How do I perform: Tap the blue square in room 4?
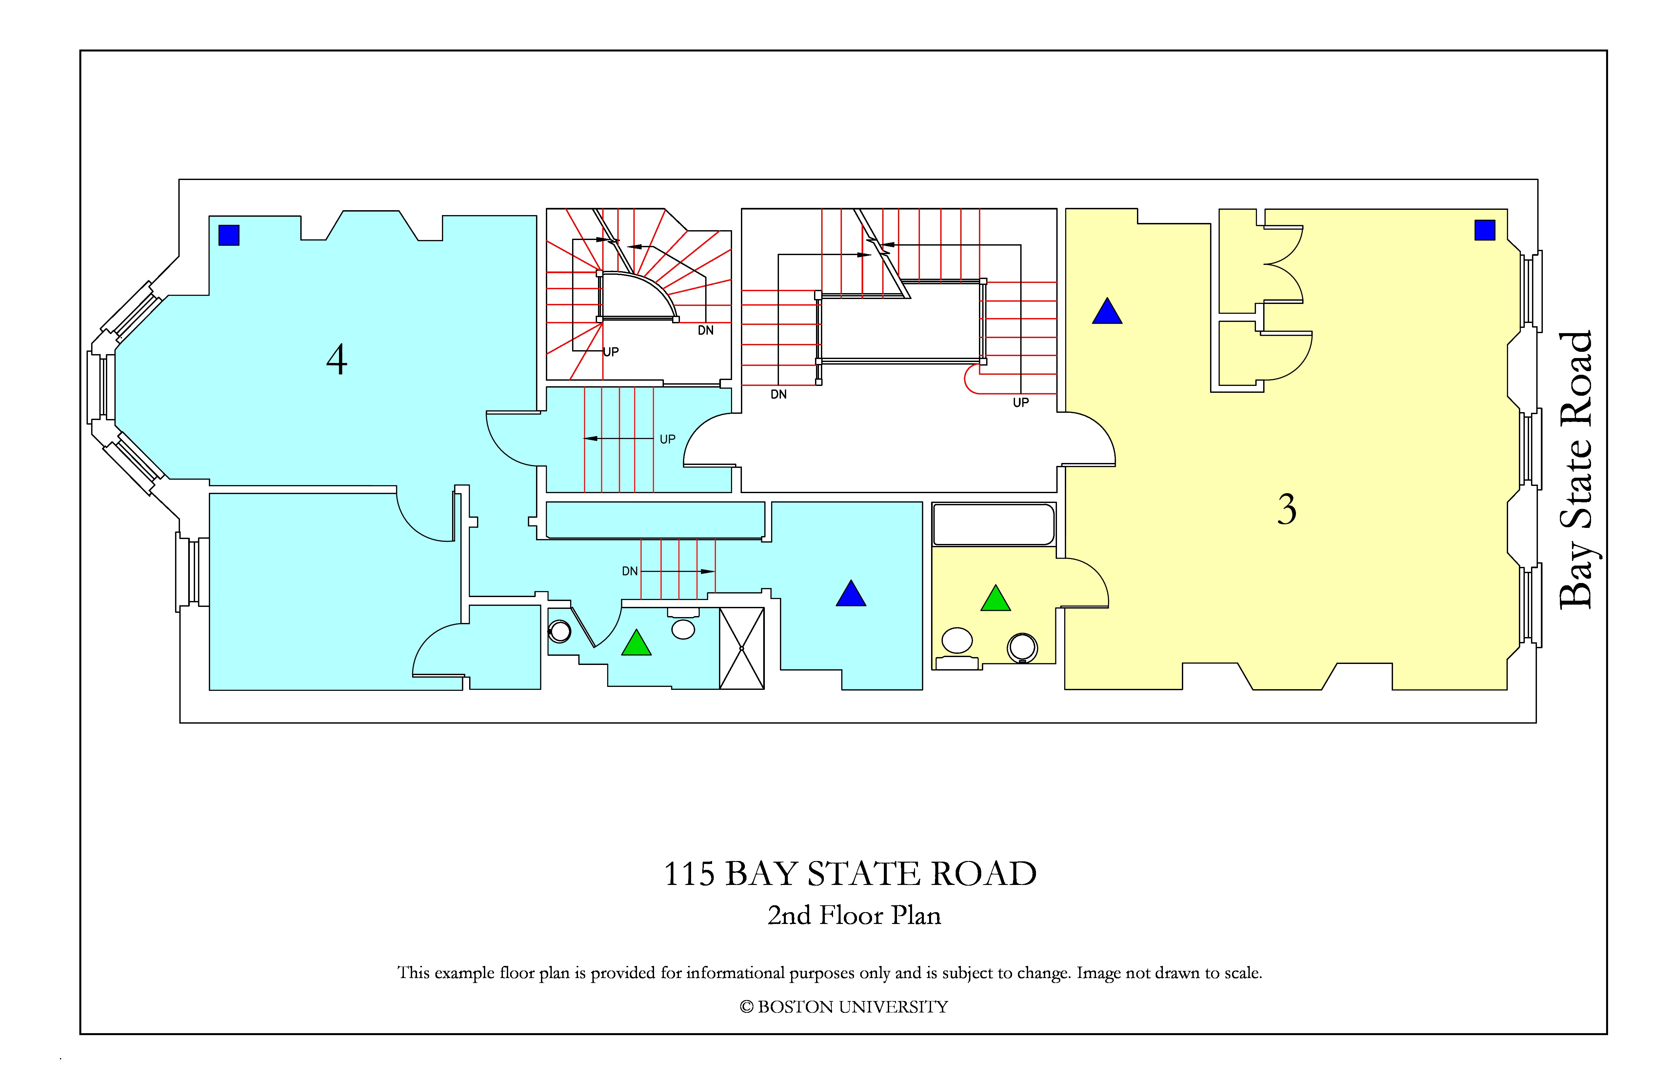[229, 235]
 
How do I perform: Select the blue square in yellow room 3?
[1484, 230]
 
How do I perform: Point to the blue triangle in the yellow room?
[1107, 311]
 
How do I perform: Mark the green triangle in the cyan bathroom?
[636, 643]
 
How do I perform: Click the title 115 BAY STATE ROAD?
[850, 874]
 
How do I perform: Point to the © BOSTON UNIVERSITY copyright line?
[844, 1007]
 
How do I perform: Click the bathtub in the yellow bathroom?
[993, 524]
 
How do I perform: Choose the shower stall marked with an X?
[742, 648]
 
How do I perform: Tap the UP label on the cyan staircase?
[667, 439]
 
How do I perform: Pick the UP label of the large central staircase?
[1021, 403]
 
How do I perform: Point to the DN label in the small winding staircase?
[705, 330]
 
